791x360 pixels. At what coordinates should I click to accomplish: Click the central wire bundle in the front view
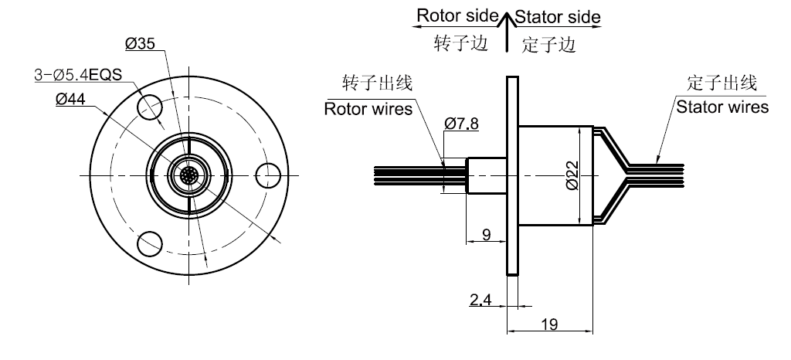point(188,174)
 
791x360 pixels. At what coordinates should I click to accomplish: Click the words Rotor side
point(453,15)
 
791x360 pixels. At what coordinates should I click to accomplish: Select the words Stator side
point(557,16)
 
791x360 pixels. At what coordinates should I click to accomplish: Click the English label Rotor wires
point(368,108)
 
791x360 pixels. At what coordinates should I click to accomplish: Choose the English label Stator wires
point(722,107)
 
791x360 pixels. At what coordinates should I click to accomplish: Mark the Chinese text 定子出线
point(721,83)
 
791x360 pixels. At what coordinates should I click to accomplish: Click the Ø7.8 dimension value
point(463,123)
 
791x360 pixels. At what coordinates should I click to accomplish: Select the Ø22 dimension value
point(569,176)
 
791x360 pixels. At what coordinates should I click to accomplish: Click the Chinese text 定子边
point(549,45)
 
